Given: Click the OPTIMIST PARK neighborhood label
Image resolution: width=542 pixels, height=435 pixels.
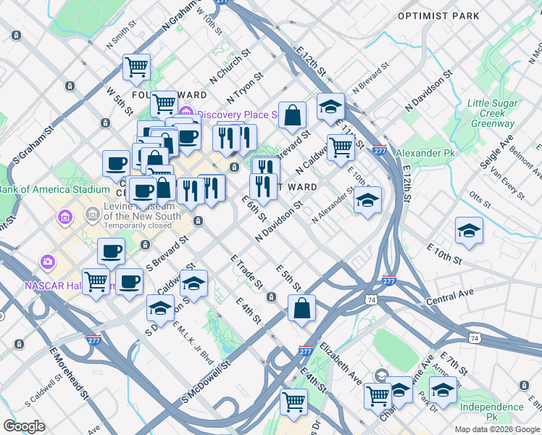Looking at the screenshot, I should pos(438,15).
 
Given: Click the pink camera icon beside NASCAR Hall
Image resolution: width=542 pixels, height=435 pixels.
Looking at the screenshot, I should pos(48,261).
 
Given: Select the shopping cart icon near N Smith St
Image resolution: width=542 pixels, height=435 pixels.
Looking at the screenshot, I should pos(136,67).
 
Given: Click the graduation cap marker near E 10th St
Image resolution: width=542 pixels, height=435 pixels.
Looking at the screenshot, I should pos(469,231).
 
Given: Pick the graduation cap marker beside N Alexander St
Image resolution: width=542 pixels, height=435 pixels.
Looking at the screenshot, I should pos(367,200).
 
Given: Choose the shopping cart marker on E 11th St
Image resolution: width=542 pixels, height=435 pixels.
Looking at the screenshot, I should pos(341,146).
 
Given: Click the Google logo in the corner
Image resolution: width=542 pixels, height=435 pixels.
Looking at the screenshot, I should pos(24,426).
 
